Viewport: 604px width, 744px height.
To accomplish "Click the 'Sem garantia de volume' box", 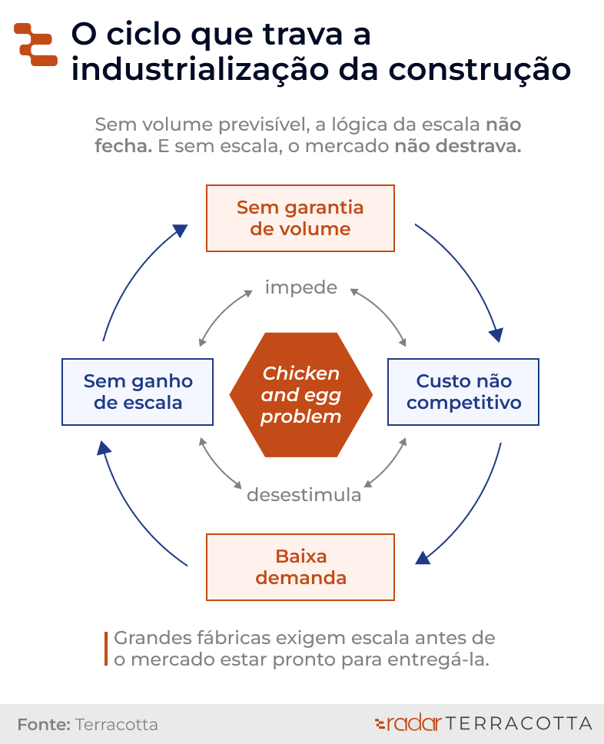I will pos(300,218).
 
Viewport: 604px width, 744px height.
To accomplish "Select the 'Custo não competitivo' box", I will pos(463,392).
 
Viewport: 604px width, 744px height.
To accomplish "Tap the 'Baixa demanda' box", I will pos(300,566).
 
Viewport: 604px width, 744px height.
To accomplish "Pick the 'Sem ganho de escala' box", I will pos(138,392).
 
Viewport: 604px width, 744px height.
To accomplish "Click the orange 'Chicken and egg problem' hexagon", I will pos(301,395).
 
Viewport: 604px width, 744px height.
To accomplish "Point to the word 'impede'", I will pos(301,287).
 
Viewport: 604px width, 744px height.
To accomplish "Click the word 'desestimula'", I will pos(304,495).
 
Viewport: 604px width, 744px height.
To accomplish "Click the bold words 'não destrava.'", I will pos(458,147).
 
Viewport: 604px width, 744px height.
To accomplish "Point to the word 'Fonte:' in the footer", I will pos(44,725).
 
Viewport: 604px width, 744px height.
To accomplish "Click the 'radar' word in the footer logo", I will pos(413,723).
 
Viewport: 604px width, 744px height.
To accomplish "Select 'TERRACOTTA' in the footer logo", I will pos(519,723).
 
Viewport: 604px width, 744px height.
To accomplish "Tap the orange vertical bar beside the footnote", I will pos(106,649).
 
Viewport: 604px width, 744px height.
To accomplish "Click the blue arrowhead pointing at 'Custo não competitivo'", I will pos(496,334).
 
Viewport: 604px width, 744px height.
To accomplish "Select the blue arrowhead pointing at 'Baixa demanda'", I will pos(423,556).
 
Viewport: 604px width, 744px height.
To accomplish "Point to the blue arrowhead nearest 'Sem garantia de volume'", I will pos(180,231).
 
